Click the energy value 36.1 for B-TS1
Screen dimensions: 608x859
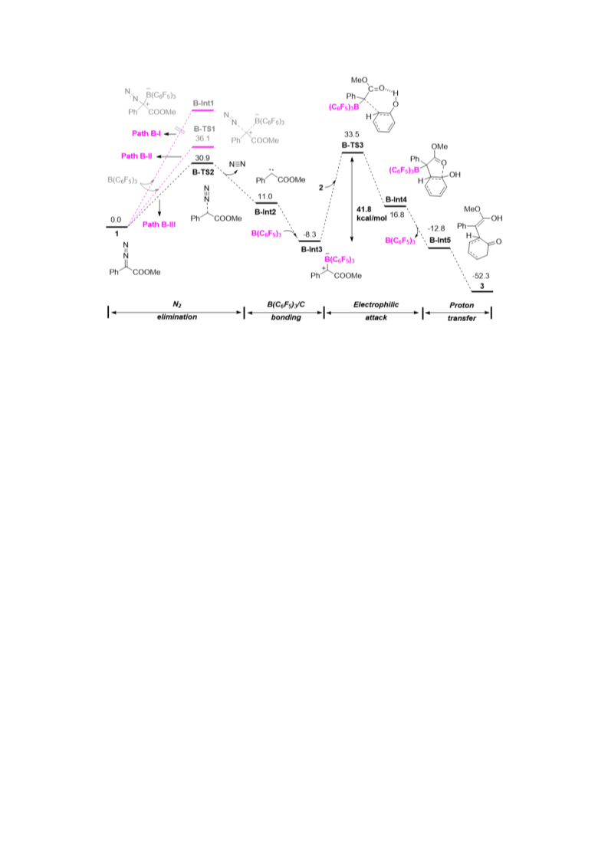click(x=203, y=139)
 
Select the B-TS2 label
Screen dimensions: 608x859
click(x=203, y=172)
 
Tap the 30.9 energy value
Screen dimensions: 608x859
click(x=203, y=158)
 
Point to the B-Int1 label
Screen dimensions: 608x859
click(x=203, y=103)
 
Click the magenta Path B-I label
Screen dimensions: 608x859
click(x=146, y=133)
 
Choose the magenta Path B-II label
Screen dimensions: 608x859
click(x=136, y=156)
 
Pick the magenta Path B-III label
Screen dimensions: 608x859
click(x=159, y=225)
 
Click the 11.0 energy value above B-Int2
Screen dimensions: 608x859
click(x=265, y=197)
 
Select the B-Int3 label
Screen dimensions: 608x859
click(x=311, y=250)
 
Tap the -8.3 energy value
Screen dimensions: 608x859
click(x=310, y=234)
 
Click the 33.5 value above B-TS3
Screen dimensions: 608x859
click(x=352, y=134)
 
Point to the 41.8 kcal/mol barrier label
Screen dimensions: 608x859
click(x=371, y=214)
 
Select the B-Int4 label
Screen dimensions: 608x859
click(x=396, y=199)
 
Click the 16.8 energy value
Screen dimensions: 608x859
click(x=397, y=215)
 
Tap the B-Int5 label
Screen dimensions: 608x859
click(x=439, y=240)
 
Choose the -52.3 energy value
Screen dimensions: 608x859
click(x=481, y=276)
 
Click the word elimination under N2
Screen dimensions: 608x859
click(x=177, y=316)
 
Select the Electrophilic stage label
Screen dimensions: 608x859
click(x=376, y=304)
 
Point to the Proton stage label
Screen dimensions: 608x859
click(x=462, y=305)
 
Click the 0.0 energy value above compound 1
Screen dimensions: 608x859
click(x=116, y=220)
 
